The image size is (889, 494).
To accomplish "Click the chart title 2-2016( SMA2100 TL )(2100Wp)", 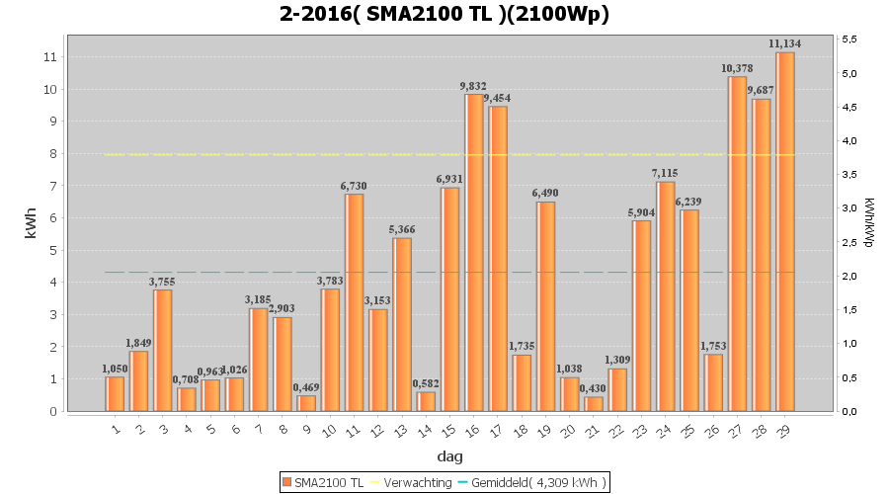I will pyautogui.click(x=444, y=14).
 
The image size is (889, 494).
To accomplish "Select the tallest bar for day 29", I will pyautogui.click(x=785, y=232).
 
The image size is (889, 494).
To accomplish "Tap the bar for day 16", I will pyautogui.click(x=474, y=253).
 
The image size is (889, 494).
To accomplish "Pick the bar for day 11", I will pyautogui.click(x=355, y=302).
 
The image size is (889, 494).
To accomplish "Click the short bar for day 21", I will pyautogui.click(x=594, y=404).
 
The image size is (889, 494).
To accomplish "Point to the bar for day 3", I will pyautogui.click(x=162, y=351).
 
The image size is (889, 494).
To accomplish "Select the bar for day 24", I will pyautogui.click(x=666, y=296).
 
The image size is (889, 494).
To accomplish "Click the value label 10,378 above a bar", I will pyautogui.click(x=737, y=69).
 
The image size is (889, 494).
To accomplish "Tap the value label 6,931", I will pyautogui.click(x=450, y=180).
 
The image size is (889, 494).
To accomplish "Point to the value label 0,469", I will pyautogui.click(x=306, y=388).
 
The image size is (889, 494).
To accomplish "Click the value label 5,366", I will pyautogui.click(x=402, y=230).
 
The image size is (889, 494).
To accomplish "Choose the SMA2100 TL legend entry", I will pyautogui.click(x=323, y=482).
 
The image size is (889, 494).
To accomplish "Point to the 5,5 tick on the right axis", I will pyautogui.click(x=849, y=40).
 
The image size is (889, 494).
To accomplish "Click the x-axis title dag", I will pyautogui.click(x=449, y=456).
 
